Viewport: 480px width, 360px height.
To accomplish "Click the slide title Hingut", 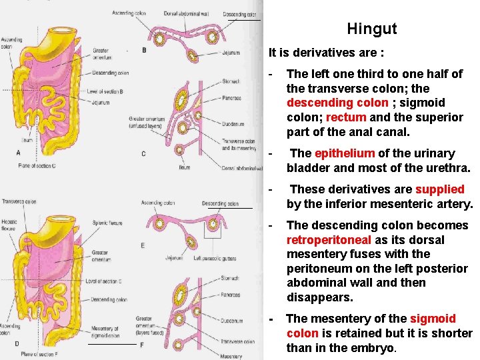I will click(371, 29).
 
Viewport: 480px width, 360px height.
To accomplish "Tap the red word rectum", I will click(346, 117).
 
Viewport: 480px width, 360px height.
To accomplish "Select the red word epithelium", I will click(344, 153).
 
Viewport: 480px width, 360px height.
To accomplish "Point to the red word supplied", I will click(439, 189).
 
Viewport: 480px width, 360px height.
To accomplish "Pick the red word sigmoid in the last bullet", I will click(433, 319).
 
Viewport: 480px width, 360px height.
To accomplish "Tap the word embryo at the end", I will click(374, 347).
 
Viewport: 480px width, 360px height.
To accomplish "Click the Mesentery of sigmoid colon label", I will click(105, 331).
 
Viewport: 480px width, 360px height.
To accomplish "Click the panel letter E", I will click(143, 245).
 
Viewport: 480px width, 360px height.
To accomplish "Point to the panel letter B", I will click(144, 50).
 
